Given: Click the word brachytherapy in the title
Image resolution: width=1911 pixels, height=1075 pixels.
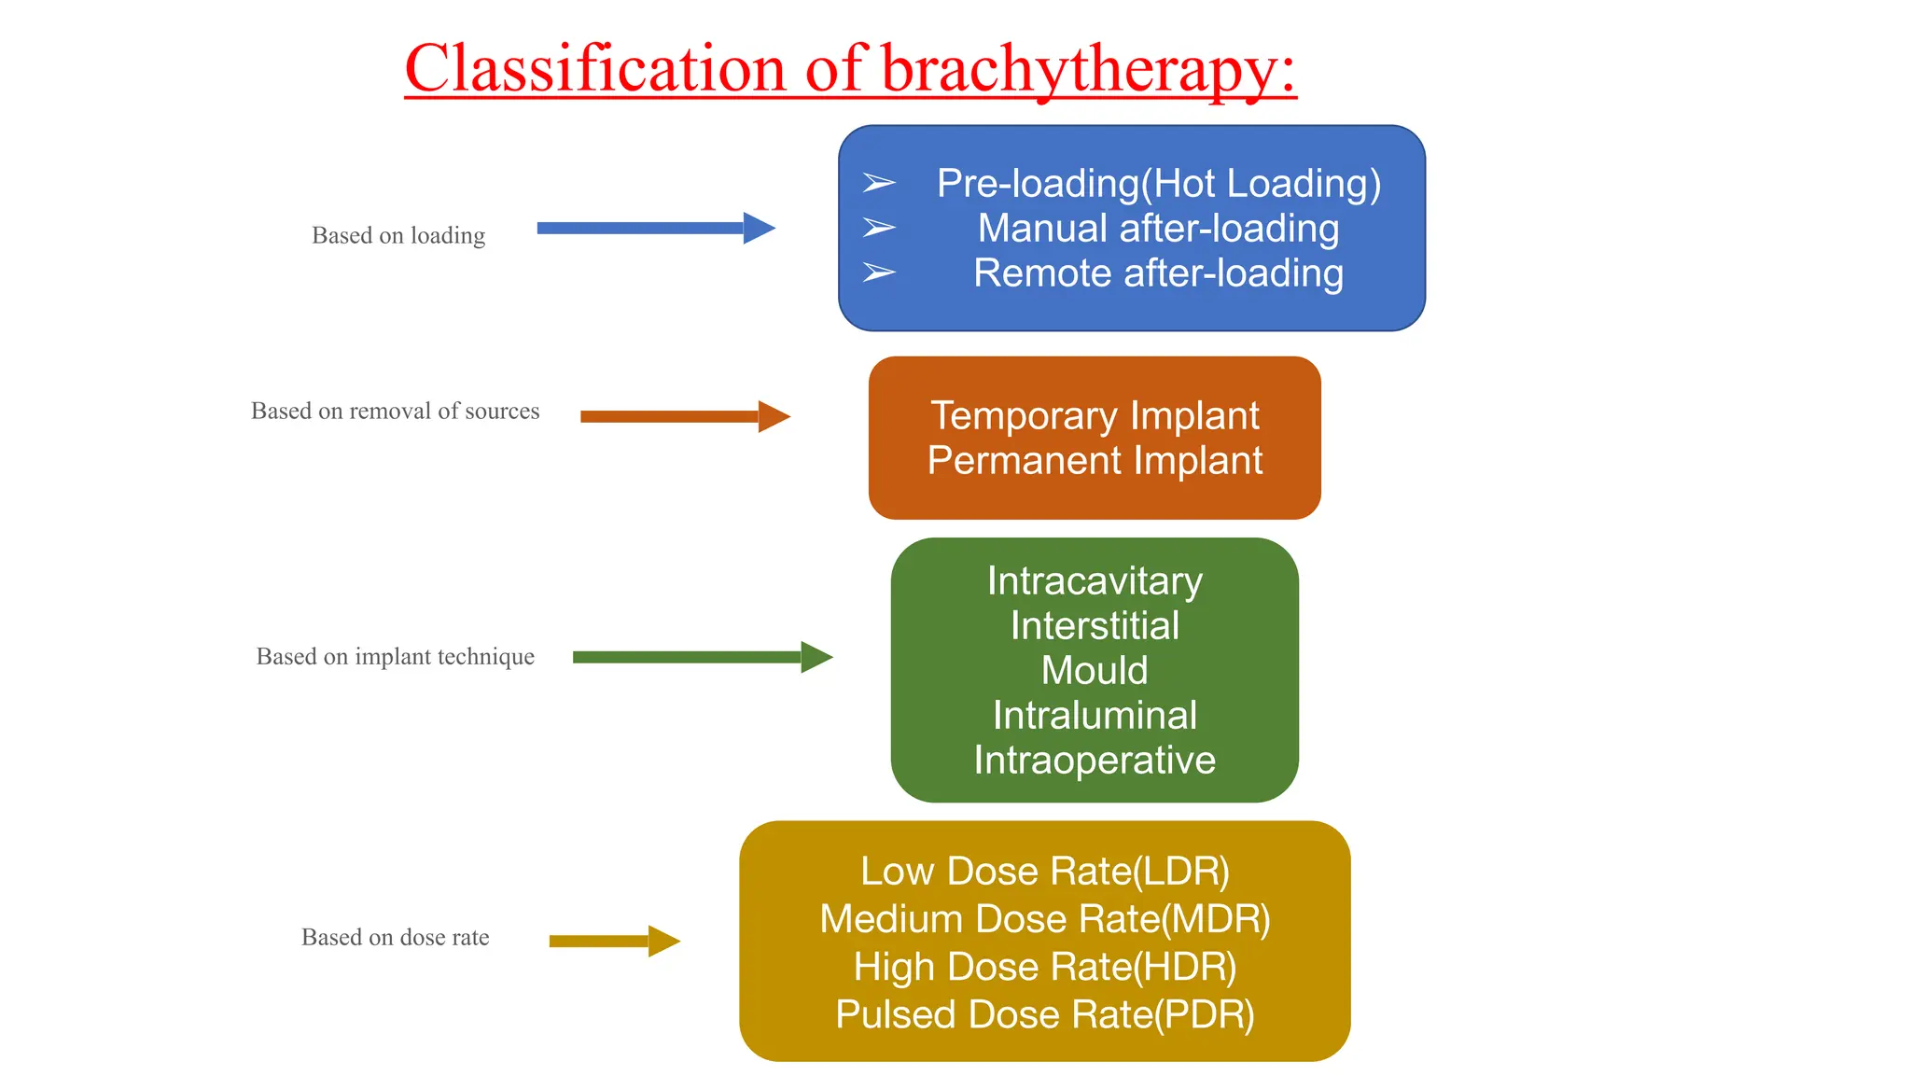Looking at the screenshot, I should (x=1088, y=69).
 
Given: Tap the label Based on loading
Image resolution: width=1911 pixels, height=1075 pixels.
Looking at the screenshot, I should (x=398, y=235).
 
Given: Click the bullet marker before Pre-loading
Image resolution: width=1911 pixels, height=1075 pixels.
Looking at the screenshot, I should (x=878, y=183).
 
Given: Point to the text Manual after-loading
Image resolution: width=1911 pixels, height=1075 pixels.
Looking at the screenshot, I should (x=1158, y=229).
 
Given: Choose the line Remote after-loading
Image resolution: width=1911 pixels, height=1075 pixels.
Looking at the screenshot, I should (x=1158, y=273).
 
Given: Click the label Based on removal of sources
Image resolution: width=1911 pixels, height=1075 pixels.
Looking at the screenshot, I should (x=395, y=411).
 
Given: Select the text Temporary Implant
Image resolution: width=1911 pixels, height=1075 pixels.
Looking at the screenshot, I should (x=1095, y=416).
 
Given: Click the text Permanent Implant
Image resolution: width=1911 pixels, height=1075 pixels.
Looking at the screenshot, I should (x=1095, y=461).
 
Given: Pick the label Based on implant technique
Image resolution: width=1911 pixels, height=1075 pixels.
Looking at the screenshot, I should (x=395, y=656).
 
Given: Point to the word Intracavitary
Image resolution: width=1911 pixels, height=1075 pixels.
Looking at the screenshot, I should (x=1095, y=581).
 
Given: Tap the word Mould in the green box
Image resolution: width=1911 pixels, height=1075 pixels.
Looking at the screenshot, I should (x=1095, y=671).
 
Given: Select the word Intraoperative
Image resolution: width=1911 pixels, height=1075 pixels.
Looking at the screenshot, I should (x=1095, y=761).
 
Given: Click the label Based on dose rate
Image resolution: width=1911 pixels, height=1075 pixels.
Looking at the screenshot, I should (x=395, y=937).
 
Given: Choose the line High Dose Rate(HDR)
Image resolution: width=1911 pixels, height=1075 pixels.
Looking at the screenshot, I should (x=1045, y=967).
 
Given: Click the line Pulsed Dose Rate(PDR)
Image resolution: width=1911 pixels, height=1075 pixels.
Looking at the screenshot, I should (x=1045, y=1014).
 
